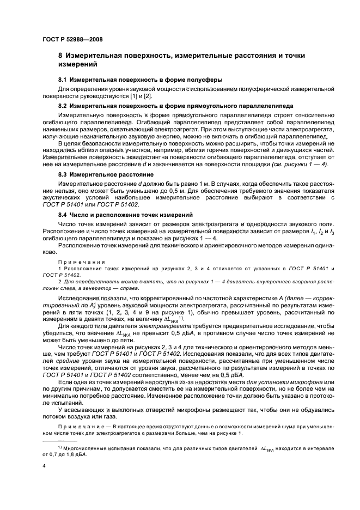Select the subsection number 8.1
(x=63, y=80)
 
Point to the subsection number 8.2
(x=63, y=105)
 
